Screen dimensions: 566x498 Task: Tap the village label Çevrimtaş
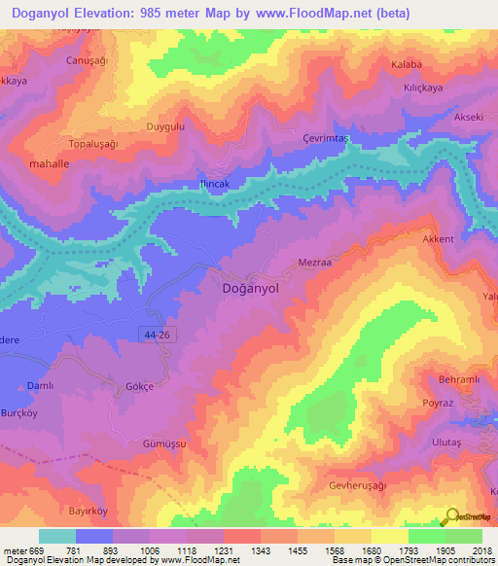pos(324,139)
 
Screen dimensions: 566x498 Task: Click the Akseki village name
pos(468,118)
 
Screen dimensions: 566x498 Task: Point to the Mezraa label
pos(314,262)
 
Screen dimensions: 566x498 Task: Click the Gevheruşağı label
pos(364,484)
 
